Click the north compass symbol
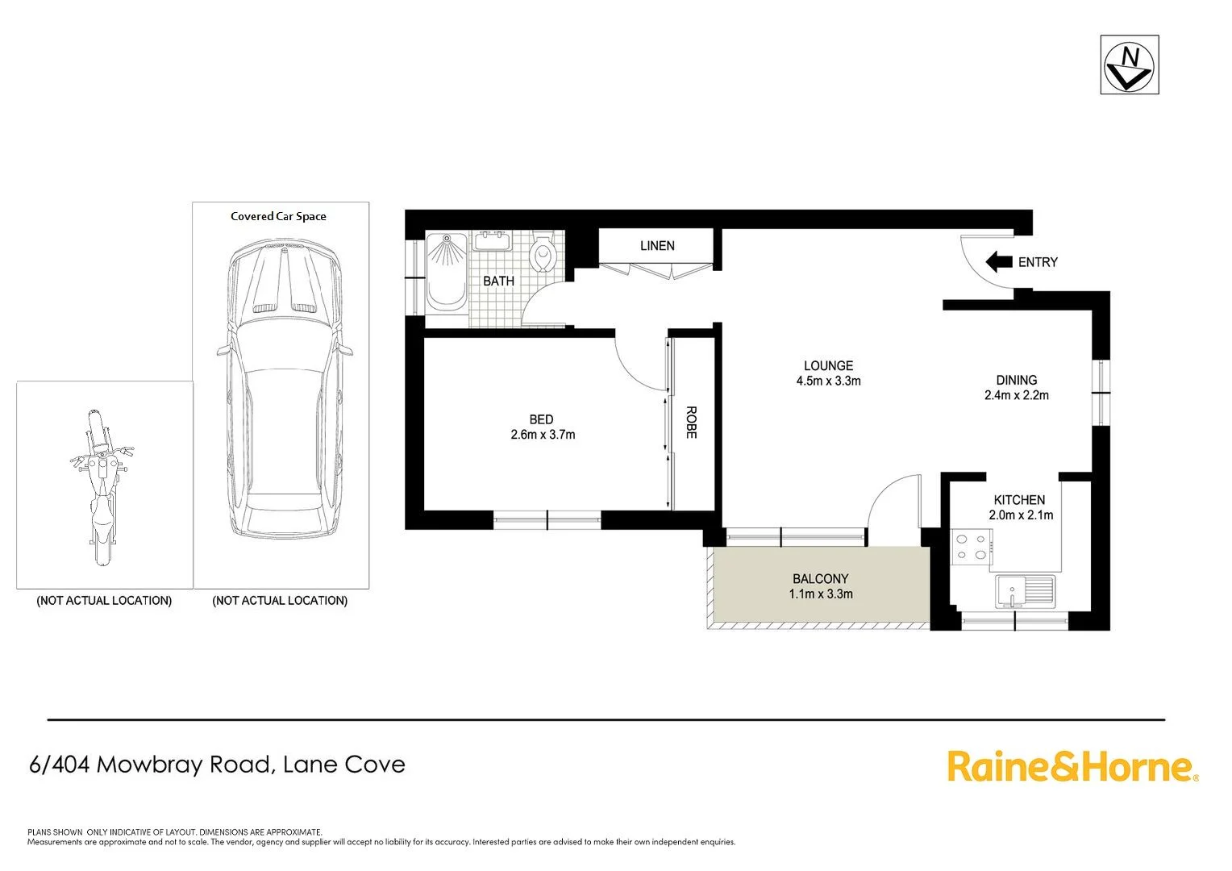[x=1129, y=65]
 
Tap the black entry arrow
[x=998, y=261]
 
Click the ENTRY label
[x=1038, y=262]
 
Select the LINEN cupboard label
[x=657, y=246]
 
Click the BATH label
[x=498, y=281]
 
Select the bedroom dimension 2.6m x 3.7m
[x=543, y=435]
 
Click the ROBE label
[x=691, y=422]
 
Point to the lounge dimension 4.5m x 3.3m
[x=828, y=381]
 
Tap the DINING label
[x=1016, y=380]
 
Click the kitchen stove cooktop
[x=970, y=547]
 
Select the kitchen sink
[x=1024, y=590]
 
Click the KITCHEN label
[x=1019, y=500]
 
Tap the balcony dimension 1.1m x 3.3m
[x=820, y=594]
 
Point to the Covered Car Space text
[x=278, y=216]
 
